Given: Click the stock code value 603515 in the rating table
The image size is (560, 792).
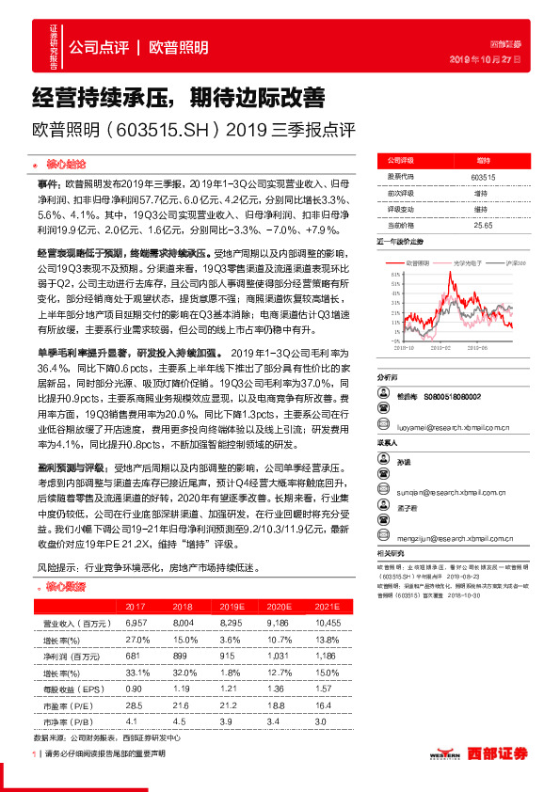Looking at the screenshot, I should (483, 176).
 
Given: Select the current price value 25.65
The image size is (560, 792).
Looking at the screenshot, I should (483, 226).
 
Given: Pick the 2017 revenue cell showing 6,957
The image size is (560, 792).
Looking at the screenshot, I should (136, 624).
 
